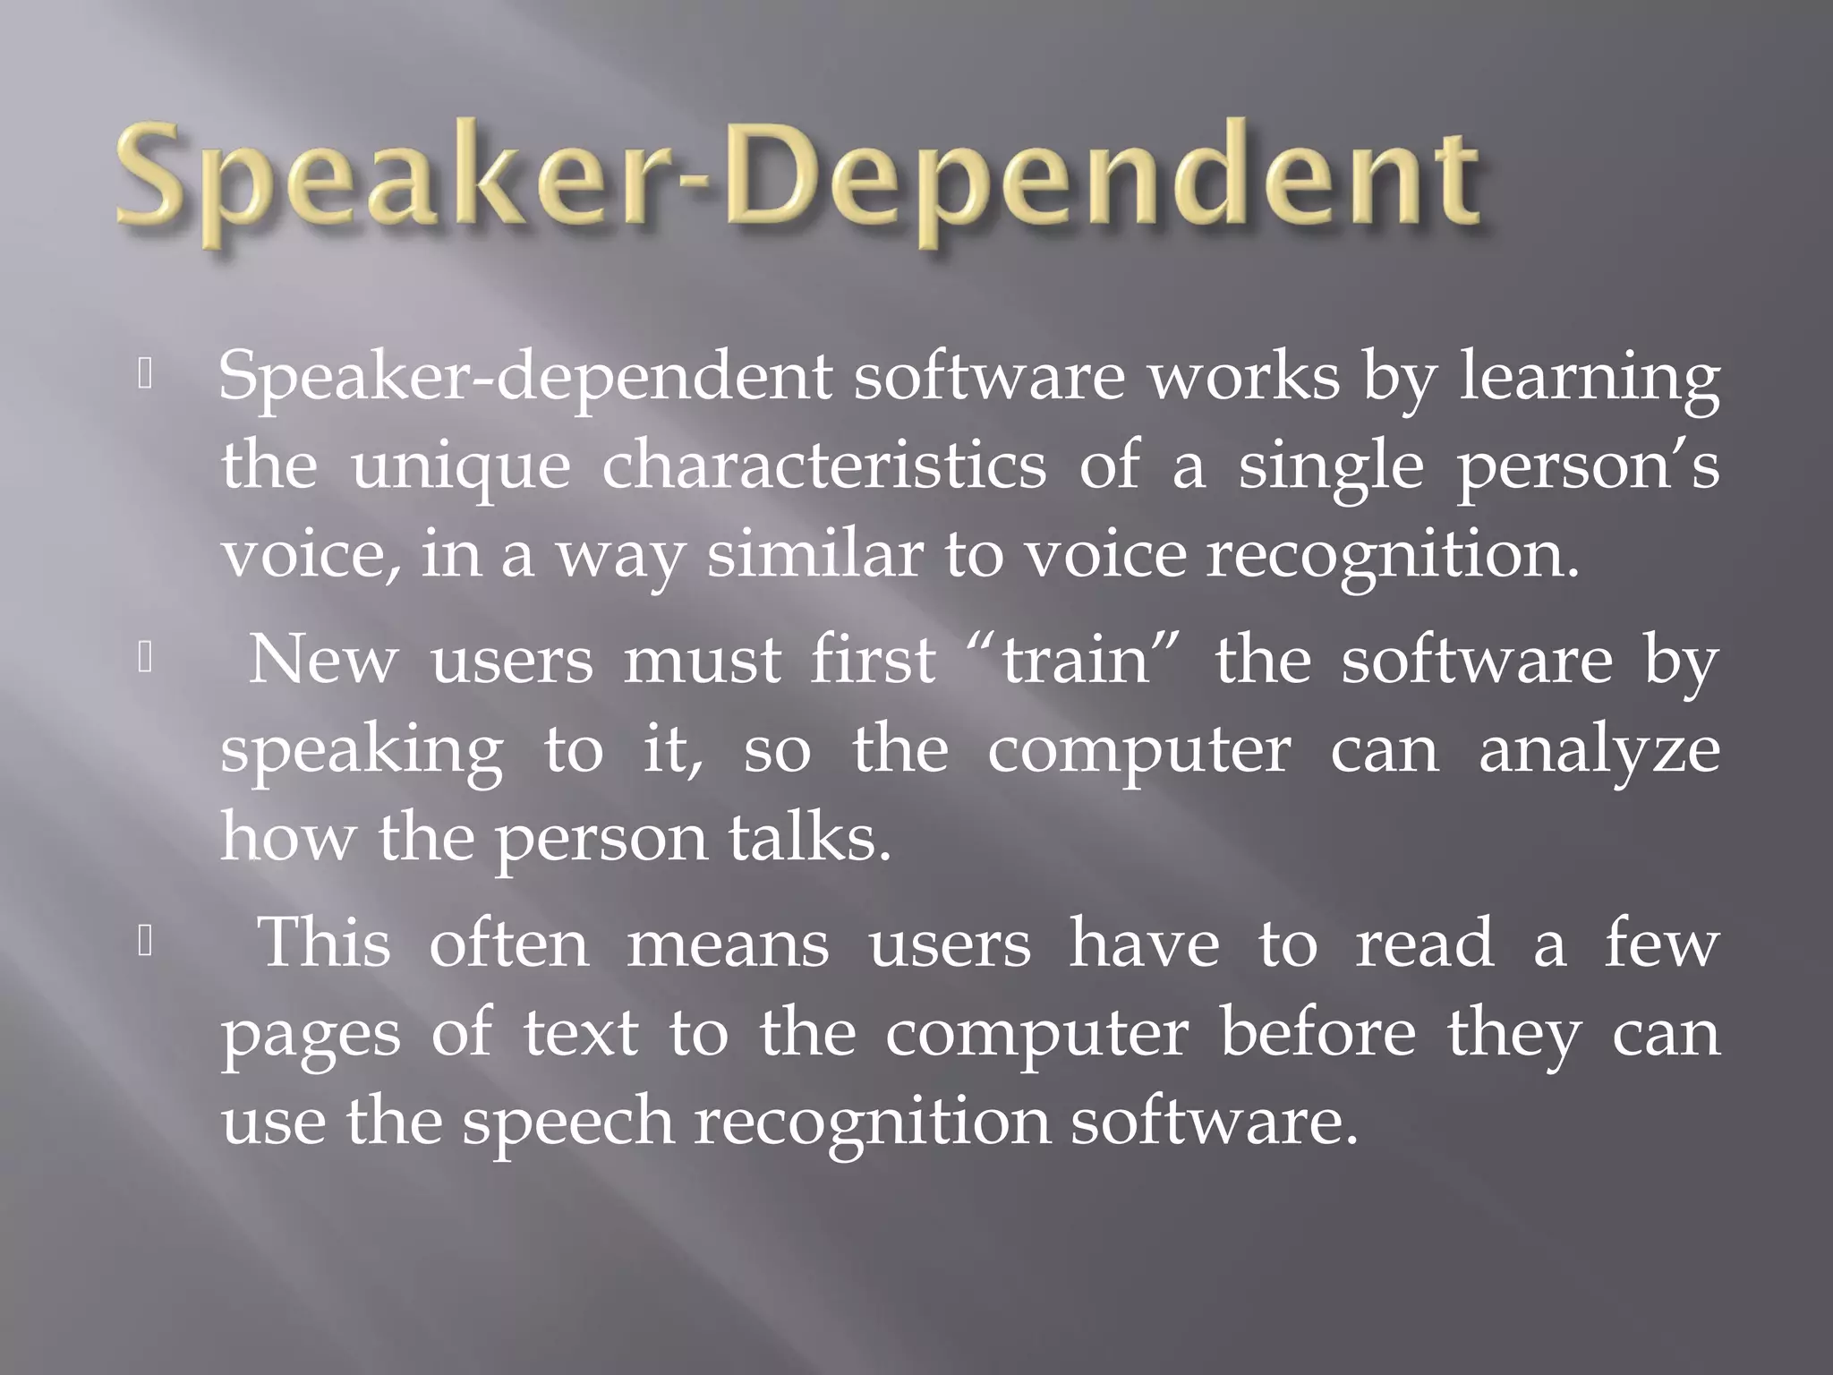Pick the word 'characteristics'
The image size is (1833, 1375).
pyautogui.click(x=823, y=465)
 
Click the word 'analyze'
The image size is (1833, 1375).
pyautogui.click(x=1599, y=752)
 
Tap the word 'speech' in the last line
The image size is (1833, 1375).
pyautogui.click(x=567, y=1123)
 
